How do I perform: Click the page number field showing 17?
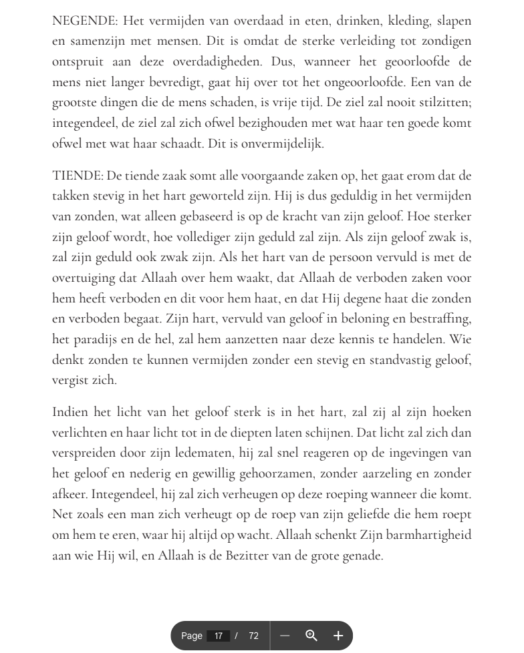(x=218, y=636)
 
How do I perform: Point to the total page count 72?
(x=253, y=636)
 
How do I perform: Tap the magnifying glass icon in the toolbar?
(x=311, y=636)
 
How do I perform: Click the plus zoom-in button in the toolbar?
(x=338, y=636)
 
